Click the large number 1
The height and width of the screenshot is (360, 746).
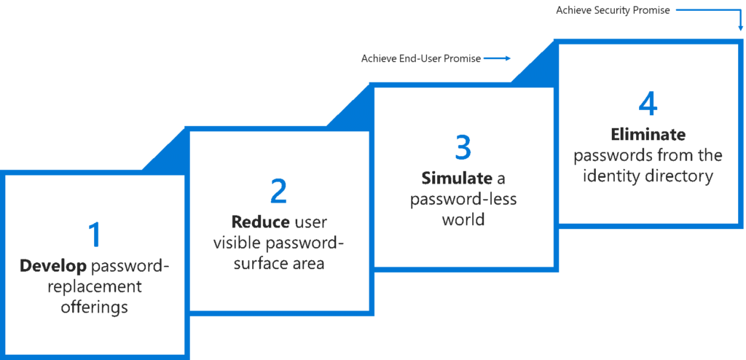[95, 235]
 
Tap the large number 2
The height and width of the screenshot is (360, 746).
[278, 191]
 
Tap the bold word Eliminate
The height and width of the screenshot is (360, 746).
[648, 136]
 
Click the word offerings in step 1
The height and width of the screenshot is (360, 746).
[95, 306]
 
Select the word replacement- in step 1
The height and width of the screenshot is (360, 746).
[95, 286]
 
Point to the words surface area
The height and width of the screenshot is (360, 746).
[278, 263]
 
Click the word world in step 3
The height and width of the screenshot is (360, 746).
[463, 219]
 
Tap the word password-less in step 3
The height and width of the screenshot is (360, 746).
[463, 199]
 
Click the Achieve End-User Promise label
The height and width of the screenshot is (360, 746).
[420, 58]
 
